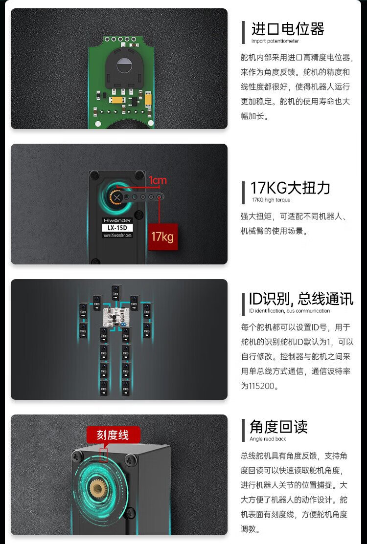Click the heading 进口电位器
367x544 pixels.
(x=288, y=29)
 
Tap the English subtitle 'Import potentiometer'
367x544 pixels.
(x=275, y=41)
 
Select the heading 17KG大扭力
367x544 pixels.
(x=290, y=188)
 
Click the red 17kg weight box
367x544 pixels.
(x=162, y=237)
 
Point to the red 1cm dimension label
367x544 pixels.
(x=158, y=180)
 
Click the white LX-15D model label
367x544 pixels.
(x=117, y=228)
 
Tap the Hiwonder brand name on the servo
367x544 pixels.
(x=117, y=220)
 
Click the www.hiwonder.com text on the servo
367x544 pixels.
(x=117, y=235)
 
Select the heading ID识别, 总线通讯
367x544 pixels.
(x=301, y=299)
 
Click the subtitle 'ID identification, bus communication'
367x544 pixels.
(x=289, y=311)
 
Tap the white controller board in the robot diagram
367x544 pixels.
(x=116, y=317)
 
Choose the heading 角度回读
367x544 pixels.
(x=278, y=427)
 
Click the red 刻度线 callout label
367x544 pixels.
(x=113, y=435)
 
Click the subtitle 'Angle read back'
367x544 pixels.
(x=268, y=439)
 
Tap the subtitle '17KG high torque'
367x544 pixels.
(x=271, y=200)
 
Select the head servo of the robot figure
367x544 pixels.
(x=116, y=292)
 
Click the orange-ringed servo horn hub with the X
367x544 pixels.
(x=117, y=197)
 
